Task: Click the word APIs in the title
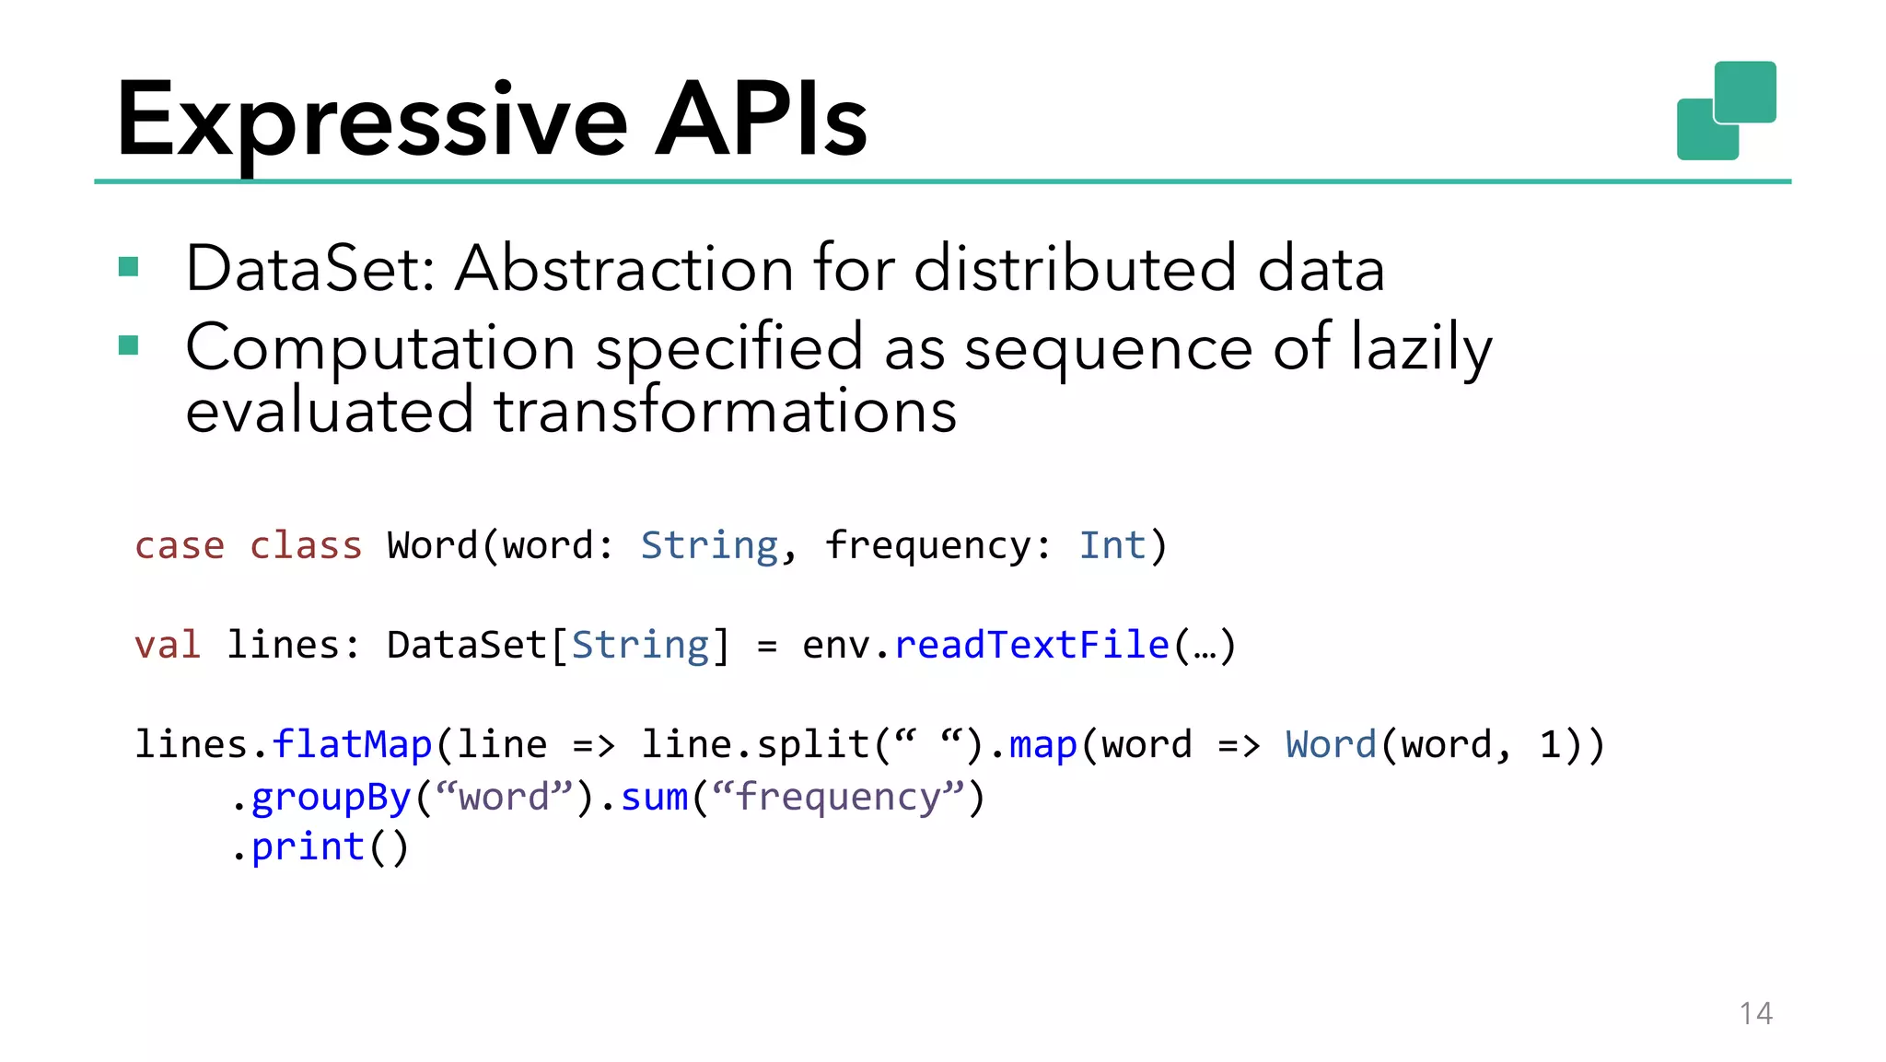click(x=761, y=120)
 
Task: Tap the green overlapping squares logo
click(x=1726, y=111)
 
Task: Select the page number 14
click(x=1755, y=1013)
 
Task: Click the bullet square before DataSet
click(x=129, y=268)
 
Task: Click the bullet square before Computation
click(x=129, y=346)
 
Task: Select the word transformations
click(x=725, y=411)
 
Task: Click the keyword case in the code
click(x=180, y=545)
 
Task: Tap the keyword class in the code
click(x=306, y=545)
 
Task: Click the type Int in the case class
click(x=1112, y=545)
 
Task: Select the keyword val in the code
click(x=168, y=645)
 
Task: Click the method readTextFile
click(x=1031, y=645)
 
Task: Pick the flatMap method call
click(x=352, y=744)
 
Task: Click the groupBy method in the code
click(x=331, y=798)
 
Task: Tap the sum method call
click(x=654, y=798)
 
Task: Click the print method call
click(x=308, y=847)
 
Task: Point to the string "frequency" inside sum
click(x=837, y=798)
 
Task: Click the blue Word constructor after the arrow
click(x=1331, y=744)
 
